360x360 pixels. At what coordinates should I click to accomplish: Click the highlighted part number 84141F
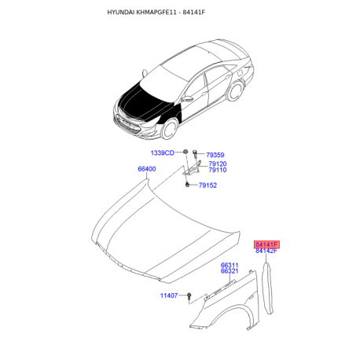tap(267, 244)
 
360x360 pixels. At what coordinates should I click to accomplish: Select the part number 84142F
tap(267, 251)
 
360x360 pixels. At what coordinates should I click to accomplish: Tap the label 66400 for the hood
tap(147, 168)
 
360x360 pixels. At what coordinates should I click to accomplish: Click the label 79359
tap(216, 154)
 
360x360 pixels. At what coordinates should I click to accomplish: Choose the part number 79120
tap(217, 163)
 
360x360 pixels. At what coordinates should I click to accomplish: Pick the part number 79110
tap(217, 170)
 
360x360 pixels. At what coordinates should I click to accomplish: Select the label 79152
tap(208, 186)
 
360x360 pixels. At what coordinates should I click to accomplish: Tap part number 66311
tap(229, 265)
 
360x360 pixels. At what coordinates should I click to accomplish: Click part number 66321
tap(229, 271)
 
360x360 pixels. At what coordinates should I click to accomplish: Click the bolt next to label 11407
tap(190, 296)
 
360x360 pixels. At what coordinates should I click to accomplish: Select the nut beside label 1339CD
tap(184, 150)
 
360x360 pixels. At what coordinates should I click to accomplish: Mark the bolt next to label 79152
tap(188, 185)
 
